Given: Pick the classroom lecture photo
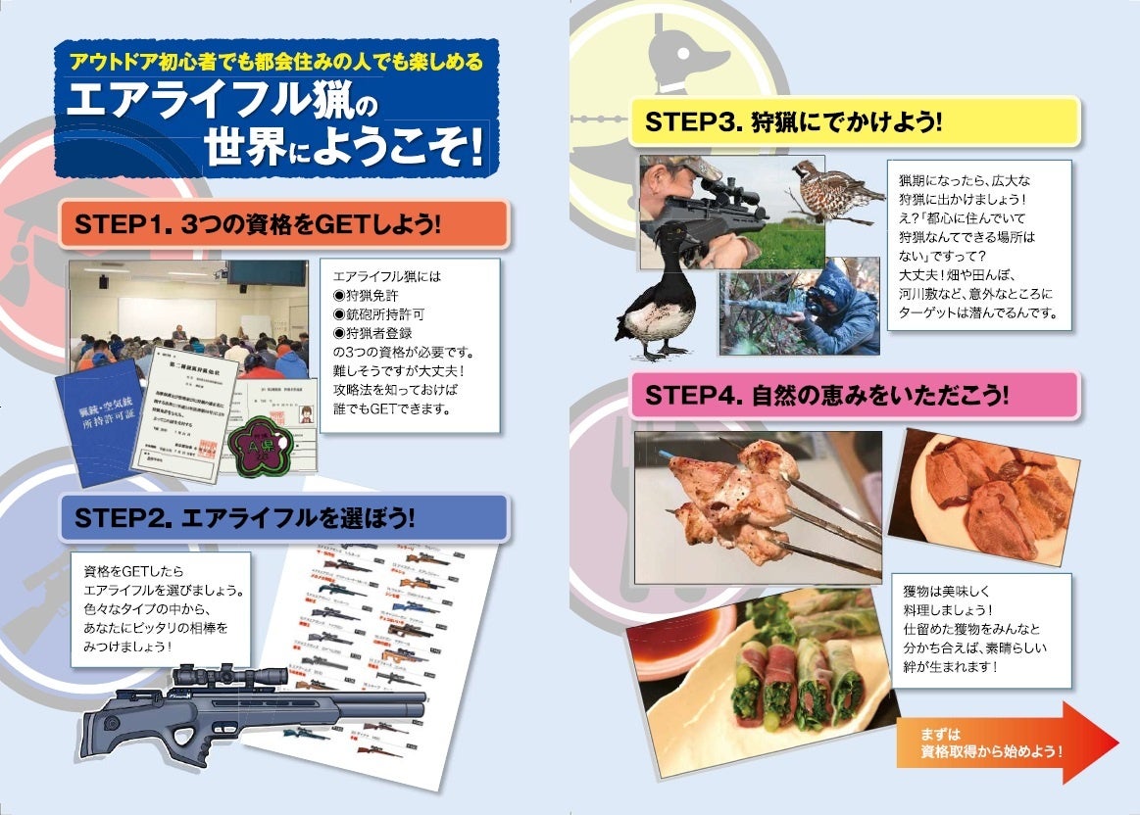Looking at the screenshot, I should click(x=174, y=318).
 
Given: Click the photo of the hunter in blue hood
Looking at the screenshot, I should click(x=799, y=307).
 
